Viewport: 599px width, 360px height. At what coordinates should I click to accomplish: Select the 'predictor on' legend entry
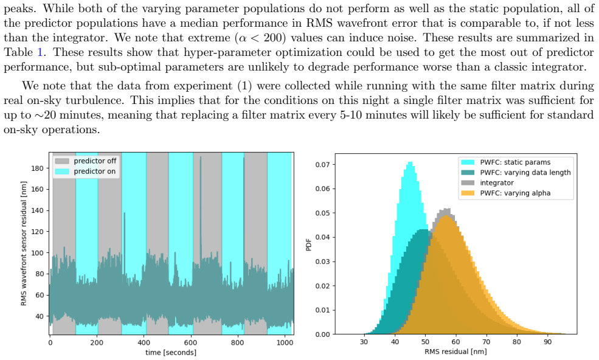tap(85, 171)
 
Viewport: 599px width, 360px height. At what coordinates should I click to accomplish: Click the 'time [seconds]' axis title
tap(171, 352)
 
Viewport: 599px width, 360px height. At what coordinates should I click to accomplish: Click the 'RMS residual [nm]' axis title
tap(455, 351)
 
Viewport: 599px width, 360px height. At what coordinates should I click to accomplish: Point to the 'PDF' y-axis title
tap(309, 244)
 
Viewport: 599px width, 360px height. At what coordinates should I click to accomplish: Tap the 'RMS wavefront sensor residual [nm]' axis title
tap(24, 243)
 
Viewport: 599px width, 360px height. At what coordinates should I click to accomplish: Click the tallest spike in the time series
tap(201, 157)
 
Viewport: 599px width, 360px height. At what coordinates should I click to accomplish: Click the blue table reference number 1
tap(40, 52)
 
